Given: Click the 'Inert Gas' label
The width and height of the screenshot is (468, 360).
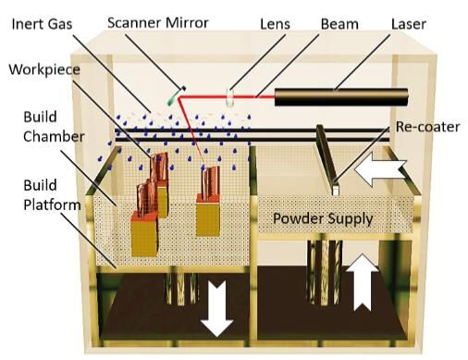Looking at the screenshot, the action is point(42,24).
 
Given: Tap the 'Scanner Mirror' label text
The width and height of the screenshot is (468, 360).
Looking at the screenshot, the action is point(158,23).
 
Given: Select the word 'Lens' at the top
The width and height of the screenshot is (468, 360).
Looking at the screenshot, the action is point(275,24).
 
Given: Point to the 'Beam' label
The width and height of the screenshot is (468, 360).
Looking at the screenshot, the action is point(339,24).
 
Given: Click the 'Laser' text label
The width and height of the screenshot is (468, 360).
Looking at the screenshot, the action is point(409,24).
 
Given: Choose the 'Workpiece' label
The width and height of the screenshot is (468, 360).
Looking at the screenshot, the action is point(44,69).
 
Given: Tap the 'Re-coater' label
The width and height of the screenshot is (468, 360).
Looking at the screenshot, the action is point(427,127).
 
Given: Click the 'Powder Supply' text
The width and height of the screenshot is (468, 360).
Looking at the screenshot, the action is point(323,218).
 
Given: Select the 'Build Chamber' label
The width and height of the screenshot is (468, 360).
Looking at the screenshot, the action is point(54,127).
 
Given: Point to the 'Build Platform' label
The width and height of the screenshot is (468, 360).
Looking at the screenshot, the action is point(52,195).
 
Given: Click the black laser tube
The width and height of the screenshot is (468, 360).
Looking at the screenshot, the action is point(341,97).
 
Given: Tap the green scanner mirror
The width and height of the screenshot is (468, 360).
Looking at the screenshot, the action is point(176,95).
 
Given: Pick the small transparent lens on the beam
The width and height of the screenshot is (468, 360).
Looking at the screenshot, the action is point(229,97).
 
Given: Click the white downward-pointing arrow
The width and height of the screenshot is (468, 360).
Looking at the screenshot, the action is point(217,308).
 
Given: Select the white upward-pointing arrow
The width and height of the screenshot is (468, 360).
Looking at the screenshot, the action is point(362,282).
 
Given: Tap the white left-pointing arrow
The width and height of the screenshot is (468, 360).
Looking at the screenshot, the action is point(381,169).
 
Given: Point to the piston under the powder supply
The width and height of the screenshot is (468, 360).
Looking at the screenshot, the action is point(325,273).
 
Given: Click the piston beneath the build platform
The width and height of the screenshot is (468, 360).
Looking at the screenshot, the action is point(181,289).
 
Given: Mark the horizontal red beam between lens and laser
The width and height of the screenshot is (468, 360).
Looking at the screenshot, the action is point(253,96).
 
